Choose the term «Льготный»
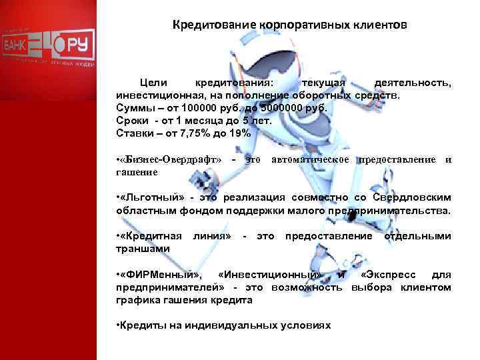pyautogui.click(x=148, y=197)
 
